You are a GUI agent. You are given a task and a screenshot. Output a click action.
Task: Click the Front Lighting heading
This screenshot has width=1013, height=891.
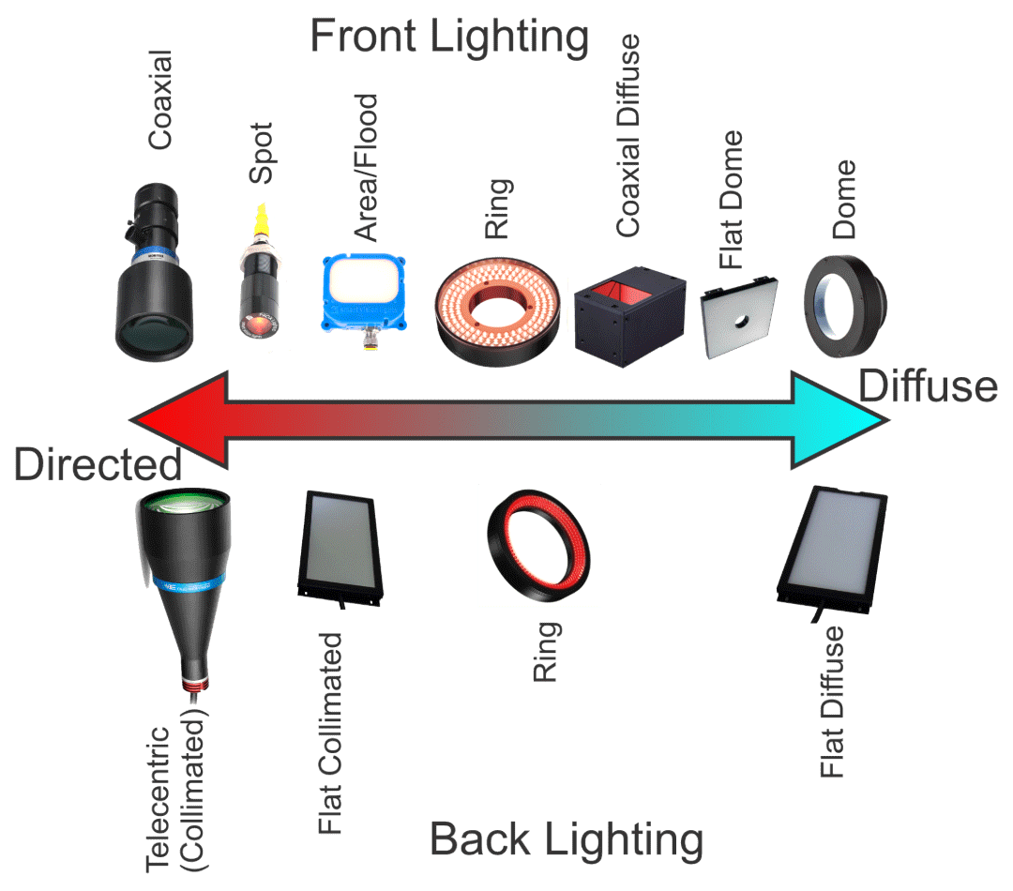pos(449,38)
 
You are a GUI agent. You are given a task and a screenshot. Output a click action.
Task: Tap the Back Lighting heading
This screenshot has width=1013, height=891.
pos(567,839)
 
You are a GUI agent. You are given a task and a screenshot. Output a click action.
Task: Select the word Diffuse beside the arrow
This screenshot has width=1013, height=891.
pos(929,385)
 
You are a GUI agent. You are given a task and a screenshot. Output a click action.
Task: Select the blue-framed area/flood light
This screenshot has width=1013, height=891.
pos(364,294)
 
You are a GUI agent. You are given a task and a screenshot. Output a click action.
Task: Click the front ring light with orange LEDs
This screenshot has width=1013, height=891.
pos(499,305)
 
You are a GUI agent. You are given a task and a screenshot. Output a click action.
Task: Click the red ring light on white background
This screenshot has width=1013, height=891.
pos(538,545)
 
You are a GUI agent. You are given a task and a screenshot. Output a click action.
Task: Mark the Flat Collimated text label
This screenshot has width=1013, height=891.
pos(329,732)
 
